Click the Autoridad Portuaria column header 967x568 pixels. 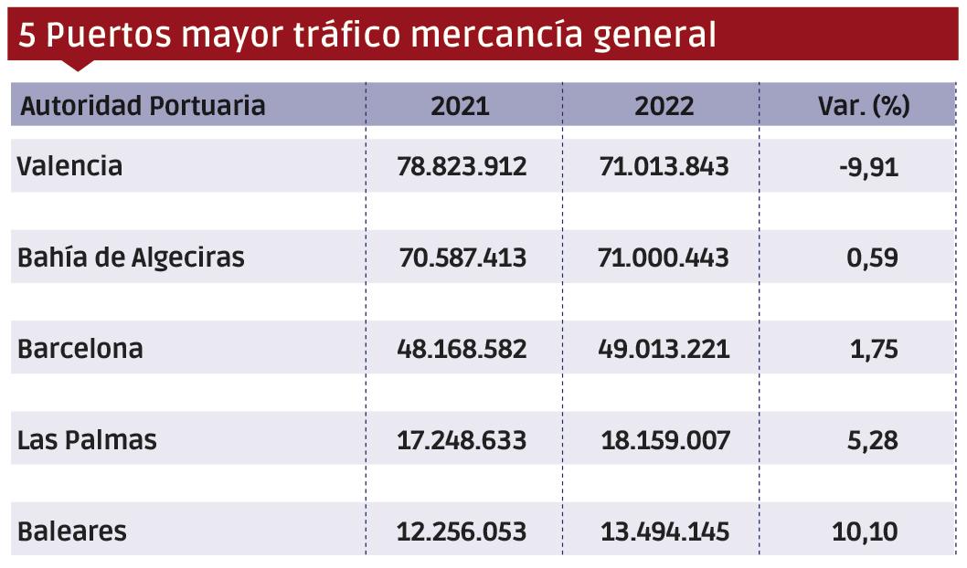[x=143, y=106]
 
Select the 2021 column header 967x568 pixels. [x=460, y=106]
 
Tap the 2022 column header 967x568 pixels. [x=664, y=106]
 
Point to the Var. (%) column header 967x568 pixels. [x=863, y=106]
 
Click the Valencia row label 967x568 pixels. [x=69, y=166]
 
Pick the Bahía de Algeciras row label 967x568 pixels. [x=131, y=258]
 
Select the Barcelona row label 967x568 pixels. [x=80, y=349]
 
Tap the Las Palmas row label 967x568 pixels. [x=87, y=440]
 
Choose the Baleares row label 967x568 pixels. [x=71, y=531]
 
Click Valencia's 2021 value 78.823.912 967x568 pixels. [x=462, y=166]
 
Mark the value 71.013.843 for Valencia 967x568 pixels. [x=664, y=166]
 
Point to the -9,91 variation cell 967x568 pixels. [x=869, y=166]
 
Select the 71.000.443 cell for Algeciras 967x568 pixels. [x=664, y=258]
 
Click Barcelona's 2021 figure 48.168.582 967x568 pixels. [x=462, y=349]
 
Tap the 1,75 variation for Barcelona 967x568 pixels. [x=874, y=349]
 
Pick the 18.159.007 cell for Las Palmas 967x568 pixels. [x=665, y=440]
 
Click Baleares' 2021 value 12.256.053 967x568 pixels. [x=462, y=531]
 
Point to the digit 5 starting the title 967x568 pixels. [x=27, y=35]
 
